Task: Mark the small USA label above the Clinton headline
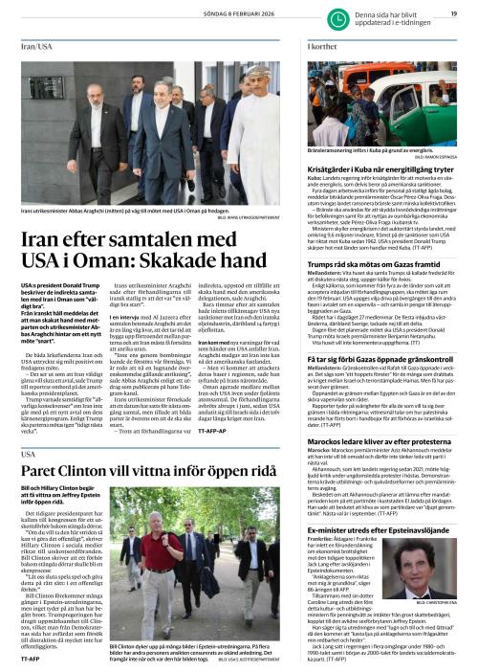26,482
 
